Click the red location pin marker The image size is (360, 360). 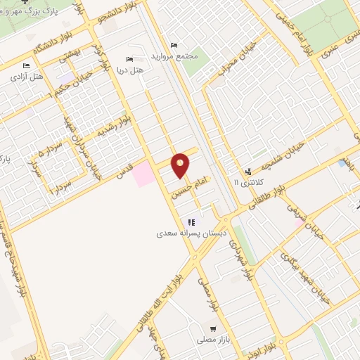(x=181, y=165)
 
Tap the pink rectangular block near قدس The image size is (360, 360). (x=144, y=174)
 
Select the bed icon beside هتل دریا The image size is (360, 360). (x=128, y=60)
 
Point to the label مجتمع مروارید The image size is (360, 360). (x=176, y=55)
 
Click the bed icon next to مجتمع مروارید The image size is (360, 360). (x=174, y=45)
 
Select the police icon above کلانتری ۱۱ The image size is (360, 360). (x=247, y=172)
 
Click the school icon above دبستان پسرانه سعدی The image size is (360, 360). (x=191, y=221)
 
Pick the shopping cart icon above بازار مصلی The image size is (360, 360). (x=213, y=329)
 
